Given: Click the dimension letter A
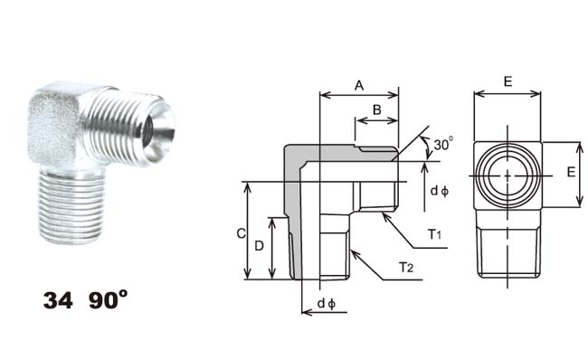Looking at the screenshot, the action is pos(359,86).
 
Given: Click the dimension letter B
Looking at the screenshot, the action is pos(377,109).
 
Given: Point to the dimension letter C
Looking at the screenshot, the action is pos(242,233).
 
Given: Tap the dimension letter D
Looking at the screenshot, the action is pos(259,246).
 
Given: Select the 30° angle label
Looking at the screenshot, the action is pos(443,144).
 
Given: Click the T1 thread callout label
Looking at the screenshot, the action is pos(435,235).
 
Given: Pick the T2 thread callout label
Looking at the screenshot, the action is pos(406,268).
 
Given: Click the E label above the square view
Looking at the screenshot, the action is pos(507,81).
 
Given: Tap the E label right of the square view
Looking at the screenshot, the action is pos(571,172).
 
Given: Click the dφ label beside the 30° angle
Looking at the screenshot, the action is pos(440,191).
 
